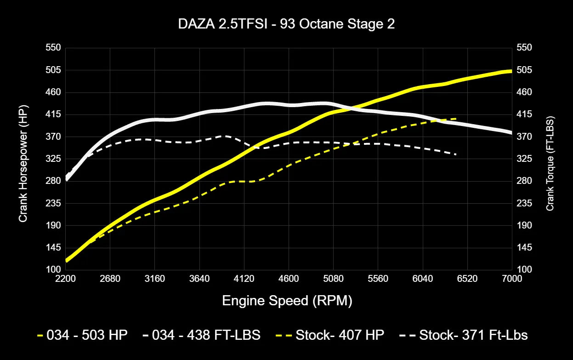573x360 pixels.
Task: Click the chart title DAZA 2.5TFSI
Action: [286, 24]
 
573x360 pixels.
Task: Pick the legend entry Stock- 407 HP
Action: [331, 335]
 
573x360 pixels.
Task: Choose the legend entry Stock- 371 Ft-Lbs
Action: [464, 335]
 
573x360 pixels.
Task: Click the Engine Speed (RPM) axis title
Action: [287, 301]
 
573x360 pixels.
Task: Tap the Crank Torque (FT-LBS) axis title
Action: [550, 163]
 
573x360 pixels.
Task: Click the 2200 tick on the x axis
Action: [65, 279]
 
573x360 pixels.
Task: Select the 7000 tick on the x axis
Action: [511, 279]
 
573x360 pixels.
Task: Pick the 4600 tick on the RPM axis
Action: [288, 279]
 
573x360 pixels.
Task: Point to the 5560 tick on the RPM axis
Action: [378, 279]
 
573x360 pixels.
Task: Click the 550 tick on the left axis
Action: [53, 48]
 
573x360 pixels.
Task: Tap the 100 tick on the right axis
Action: [524, 269]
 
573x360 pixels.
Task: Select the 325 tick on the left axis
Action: [53, 159]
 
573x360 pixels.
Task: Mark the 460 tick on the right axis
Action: [524, 92]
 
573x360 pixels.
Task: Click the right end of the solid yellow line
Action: [511, 71]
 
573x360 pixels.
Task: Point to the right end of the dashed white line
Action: [455, 154]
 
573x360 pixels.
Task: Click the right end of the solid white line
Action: [511, 132]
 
